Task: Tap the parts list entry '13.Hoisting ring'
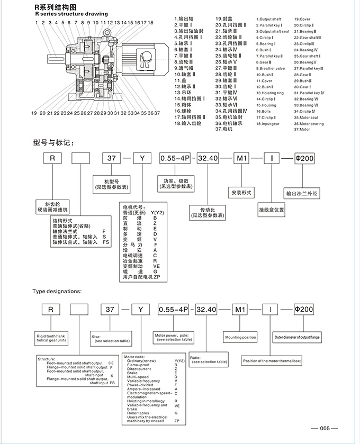coord(270,93)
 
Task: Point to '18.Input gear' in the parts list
coord(268,123)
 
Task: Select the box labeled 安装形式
coord(241,192)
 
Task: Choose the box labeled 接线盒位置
coord(272,209)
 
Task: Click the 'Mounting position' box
coord(240,337)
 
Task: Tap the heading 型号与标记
coord(51,142)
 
